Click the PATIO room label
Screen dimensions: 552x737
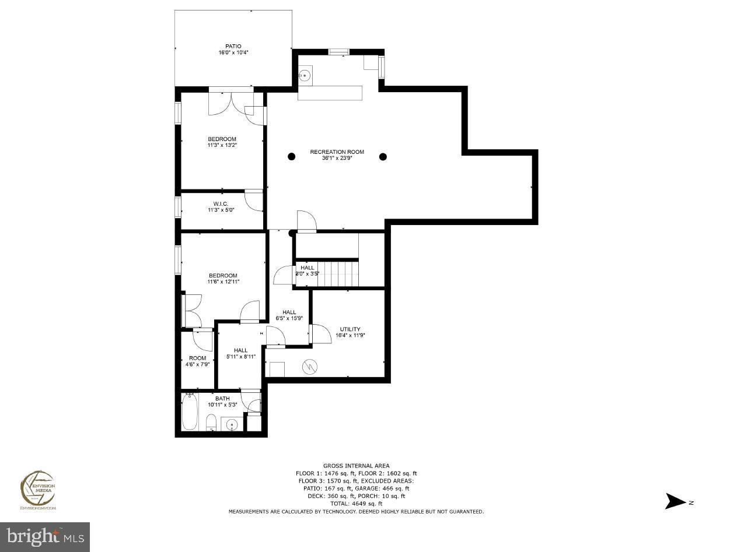click(233, 47)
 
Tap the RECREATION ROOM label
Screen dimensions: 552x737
click(337, 152)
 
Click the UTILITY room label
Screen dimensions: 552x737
click(350, 329)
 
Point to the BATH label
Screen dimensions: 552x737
click(222, 399)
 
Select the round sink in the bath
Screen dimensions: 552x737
click(232, 424)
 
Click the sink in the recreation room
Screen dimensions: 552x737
click(305, 76)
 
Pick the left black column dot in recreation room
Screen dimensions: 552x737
click(291, 156)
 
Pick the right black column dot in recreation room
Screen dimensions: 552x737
click(383, 156)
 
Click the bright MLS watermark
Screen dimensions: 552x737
click(46, 536)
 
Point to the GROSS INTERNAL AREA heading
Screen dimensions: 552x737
click(356, 466)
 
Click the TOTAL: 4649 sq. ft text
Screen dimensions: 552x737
click(356, 504)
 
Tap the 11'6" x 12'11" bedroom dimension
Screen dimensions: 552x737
click(223, 282)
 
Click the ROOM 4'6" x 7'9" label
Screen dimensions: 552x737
click(197, 361)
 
